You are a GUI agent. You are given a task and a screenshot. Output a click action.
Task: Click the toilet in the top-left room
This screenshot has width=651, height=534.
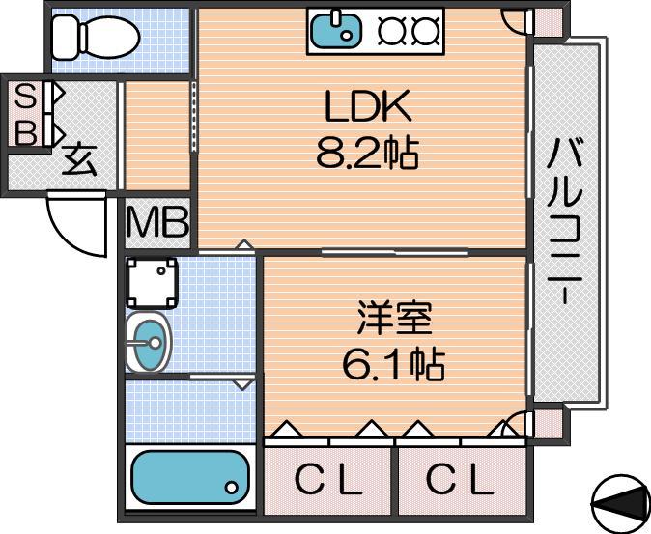coord(96,37)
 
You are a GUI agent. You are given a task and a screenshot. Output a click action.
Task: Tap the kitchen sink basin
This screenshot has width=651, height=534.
coord(335,30)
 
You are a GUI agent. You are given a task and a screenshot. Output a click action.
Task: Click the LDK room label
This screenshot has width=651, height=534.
coord(368,106)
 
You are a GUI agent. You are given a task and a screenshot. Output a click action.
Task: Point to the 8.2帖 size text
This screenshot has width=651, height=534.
coord(367,153)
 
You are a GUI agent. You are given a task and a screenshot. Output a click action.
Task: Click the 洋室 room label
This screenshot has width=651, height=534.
coord(394,319)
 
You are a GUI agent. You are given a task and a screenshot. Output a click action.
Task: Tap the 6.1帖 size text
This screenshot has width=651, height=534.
coord(393,366)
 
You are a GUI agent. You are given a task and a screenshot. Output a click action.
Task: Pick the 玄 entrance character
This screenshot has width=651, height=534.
coord(79,159)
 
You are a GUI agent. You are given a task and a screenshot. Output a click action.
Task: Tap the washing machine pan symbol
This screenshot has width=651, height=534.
coord(152,283)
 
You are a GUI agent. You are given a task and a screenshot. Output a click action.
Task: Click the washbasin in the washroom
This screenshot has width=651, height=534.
coord(148,342)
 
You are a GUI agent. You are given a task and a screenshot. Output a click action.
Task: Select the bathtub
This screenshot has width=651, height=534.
coord(190,477)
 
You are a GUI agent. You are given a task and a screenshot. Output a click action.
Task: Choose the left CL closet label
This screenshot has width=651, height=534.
coord(328,480)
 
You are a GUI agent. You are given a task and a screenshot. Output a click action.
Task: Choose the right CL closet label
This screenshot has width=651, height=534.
coord(460,480)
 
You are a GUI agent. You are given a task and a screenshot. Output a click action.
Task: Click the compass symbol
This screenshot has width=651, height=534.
coord(621,504)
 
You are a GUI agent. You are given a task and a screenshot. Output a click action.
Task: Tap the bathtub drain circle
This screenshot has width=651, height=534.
coord(232,487)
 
